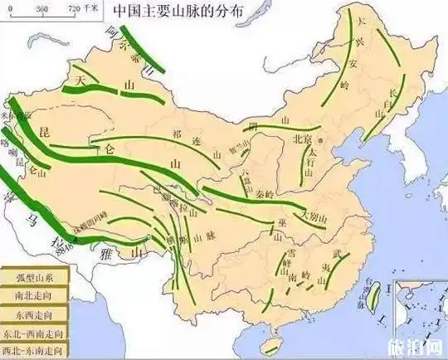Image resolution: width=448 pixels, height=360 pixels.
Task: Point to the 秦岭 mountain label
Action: [x=266, y=196]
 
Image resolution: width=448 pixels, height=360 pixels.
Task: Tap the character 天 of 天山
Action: [x=81, y=80]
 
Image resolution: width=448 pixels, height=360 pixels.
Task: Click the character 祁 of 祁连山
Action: [x=175, y=132]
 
